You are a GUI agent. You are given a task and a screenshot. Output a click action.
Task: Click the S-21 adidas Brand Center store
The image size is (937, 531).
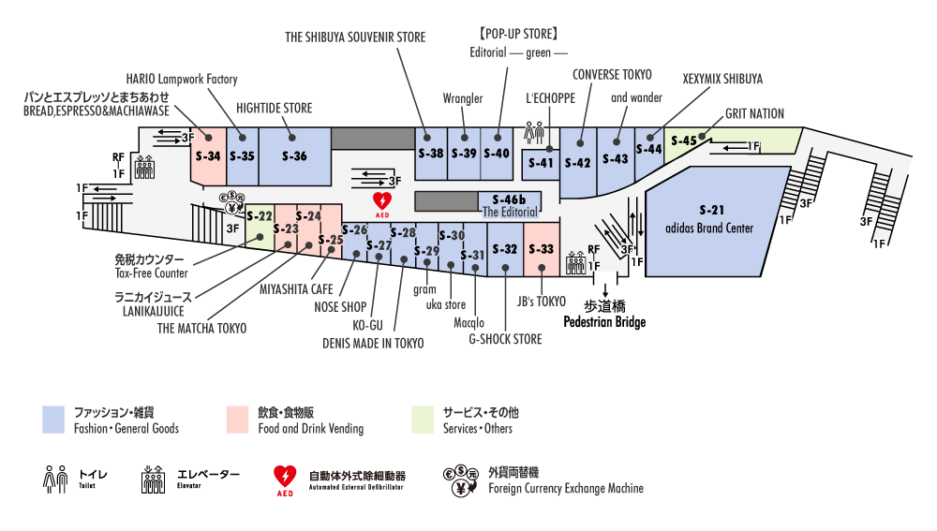pyautogui.click(x=712, y=221)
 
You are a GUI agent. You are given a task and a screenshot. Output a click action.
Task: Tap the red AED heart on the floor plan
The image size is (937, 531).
pyautogui.click(x=382, y=201)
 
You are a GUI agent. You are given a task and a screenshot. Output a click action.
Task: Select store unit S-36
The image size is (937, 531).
pyautogui.click(x=294, y=156)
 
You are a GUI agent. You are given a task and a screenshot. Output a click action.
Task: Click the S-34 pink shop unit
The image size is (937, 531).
pyautogui.click(x=208, y=155)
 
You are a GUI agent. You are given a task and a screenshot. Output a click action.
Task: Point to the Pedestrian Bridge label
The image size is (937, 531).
pyautogui.click(x=603, y=321)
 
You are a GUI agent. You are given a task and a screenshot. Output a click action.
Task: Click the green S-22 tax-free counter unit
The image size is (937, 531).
pyautogui.click(x=260, y=217)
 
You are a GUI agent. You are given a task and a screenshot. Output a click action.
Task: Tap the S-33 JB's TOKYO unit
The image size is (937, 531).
pyautogui.click(x=542, y=249)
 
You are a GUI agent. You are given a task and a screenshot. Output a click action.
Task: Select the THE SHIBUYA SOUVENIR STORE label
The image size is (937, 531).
pyautogui.click(x=355, y=37)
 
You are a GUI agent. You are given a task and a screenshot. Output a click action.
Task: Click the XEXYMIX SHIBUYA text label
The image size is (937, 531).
pyautogui.click(x=722, y=79)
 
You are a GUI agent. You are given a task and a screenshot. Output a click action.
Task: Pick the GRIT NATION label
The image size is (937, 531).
pyautogui.click(x=754, y=114)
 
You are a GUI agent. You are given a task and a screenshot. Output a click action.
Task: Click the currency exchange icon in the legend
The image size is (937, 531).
pyautogui.click(x=460, y=480)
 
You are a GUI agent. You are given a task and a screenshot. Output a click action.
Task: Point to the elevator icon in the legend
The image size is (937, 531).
pyautogui.click(x=153, y=480)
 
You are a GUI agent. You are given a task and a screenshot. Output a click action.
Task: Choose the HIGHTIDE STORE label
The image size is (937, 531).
pyautogui.click(x=274, y=107)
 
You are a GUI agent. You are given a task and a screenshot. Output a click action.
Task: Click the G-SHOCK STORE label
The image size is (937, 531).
pyautogui.click(x=505, y=339)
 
